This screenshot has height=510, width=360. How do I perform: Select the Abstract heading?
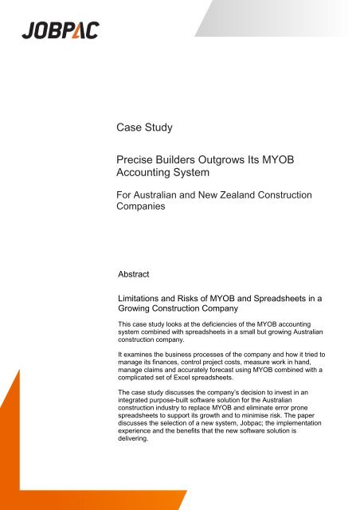coord(136,272)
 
